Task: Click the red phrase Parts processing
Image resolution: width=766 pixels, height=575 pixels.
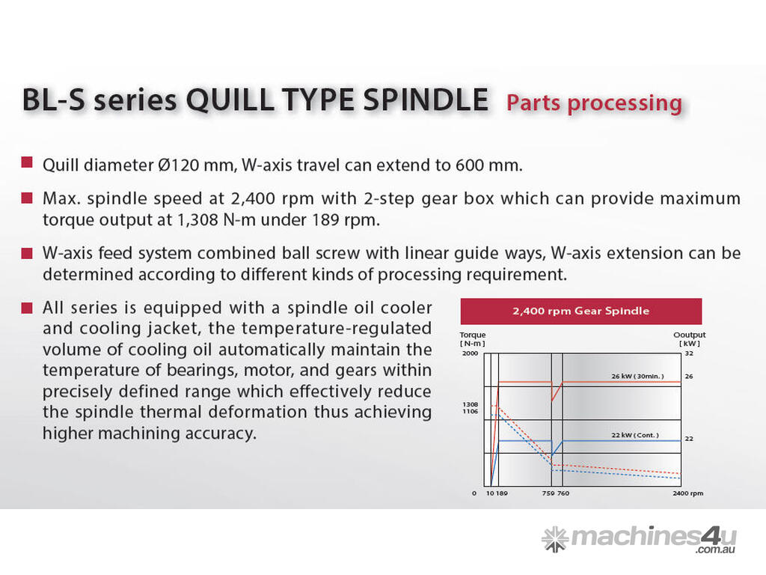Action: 594,103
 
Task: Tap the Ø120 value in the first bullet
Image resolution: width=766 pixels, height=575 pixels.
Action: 179,165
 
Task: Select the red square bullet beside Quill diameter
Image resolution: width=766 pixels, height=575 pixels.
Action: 27,162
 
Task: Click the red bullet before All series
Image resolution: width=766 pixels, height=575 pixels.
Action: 27,308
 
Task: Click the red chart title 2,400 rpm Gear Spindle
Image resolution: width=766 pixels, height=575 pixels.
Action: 580,311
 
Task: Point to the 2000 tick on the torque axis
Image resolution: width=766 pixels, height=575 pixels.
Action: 470,353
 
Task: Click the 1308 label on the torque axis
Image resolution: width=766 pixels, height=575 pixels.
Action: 470,404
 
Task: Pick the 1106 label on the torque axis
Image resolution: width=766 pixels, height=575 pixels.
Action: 470,411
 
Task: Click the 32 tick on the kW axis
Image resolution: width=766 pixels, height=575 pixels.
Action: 689,353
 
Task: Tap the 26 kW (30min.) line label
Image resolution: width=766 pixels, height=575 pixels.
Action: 637,376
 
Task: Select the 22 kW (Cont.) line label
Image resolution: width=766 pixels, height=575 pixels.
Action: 635,435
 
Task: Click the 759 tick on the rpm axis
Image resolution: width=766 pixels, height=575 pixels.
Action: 548,493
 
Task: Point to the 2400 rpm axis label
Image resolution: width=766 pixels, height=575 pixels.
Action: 688,493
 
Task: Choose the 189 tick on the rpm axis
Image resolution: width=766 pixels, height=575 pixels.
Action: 502,493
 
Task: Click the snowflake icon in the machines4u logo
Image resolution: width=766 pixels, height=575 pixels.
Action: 555,539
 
